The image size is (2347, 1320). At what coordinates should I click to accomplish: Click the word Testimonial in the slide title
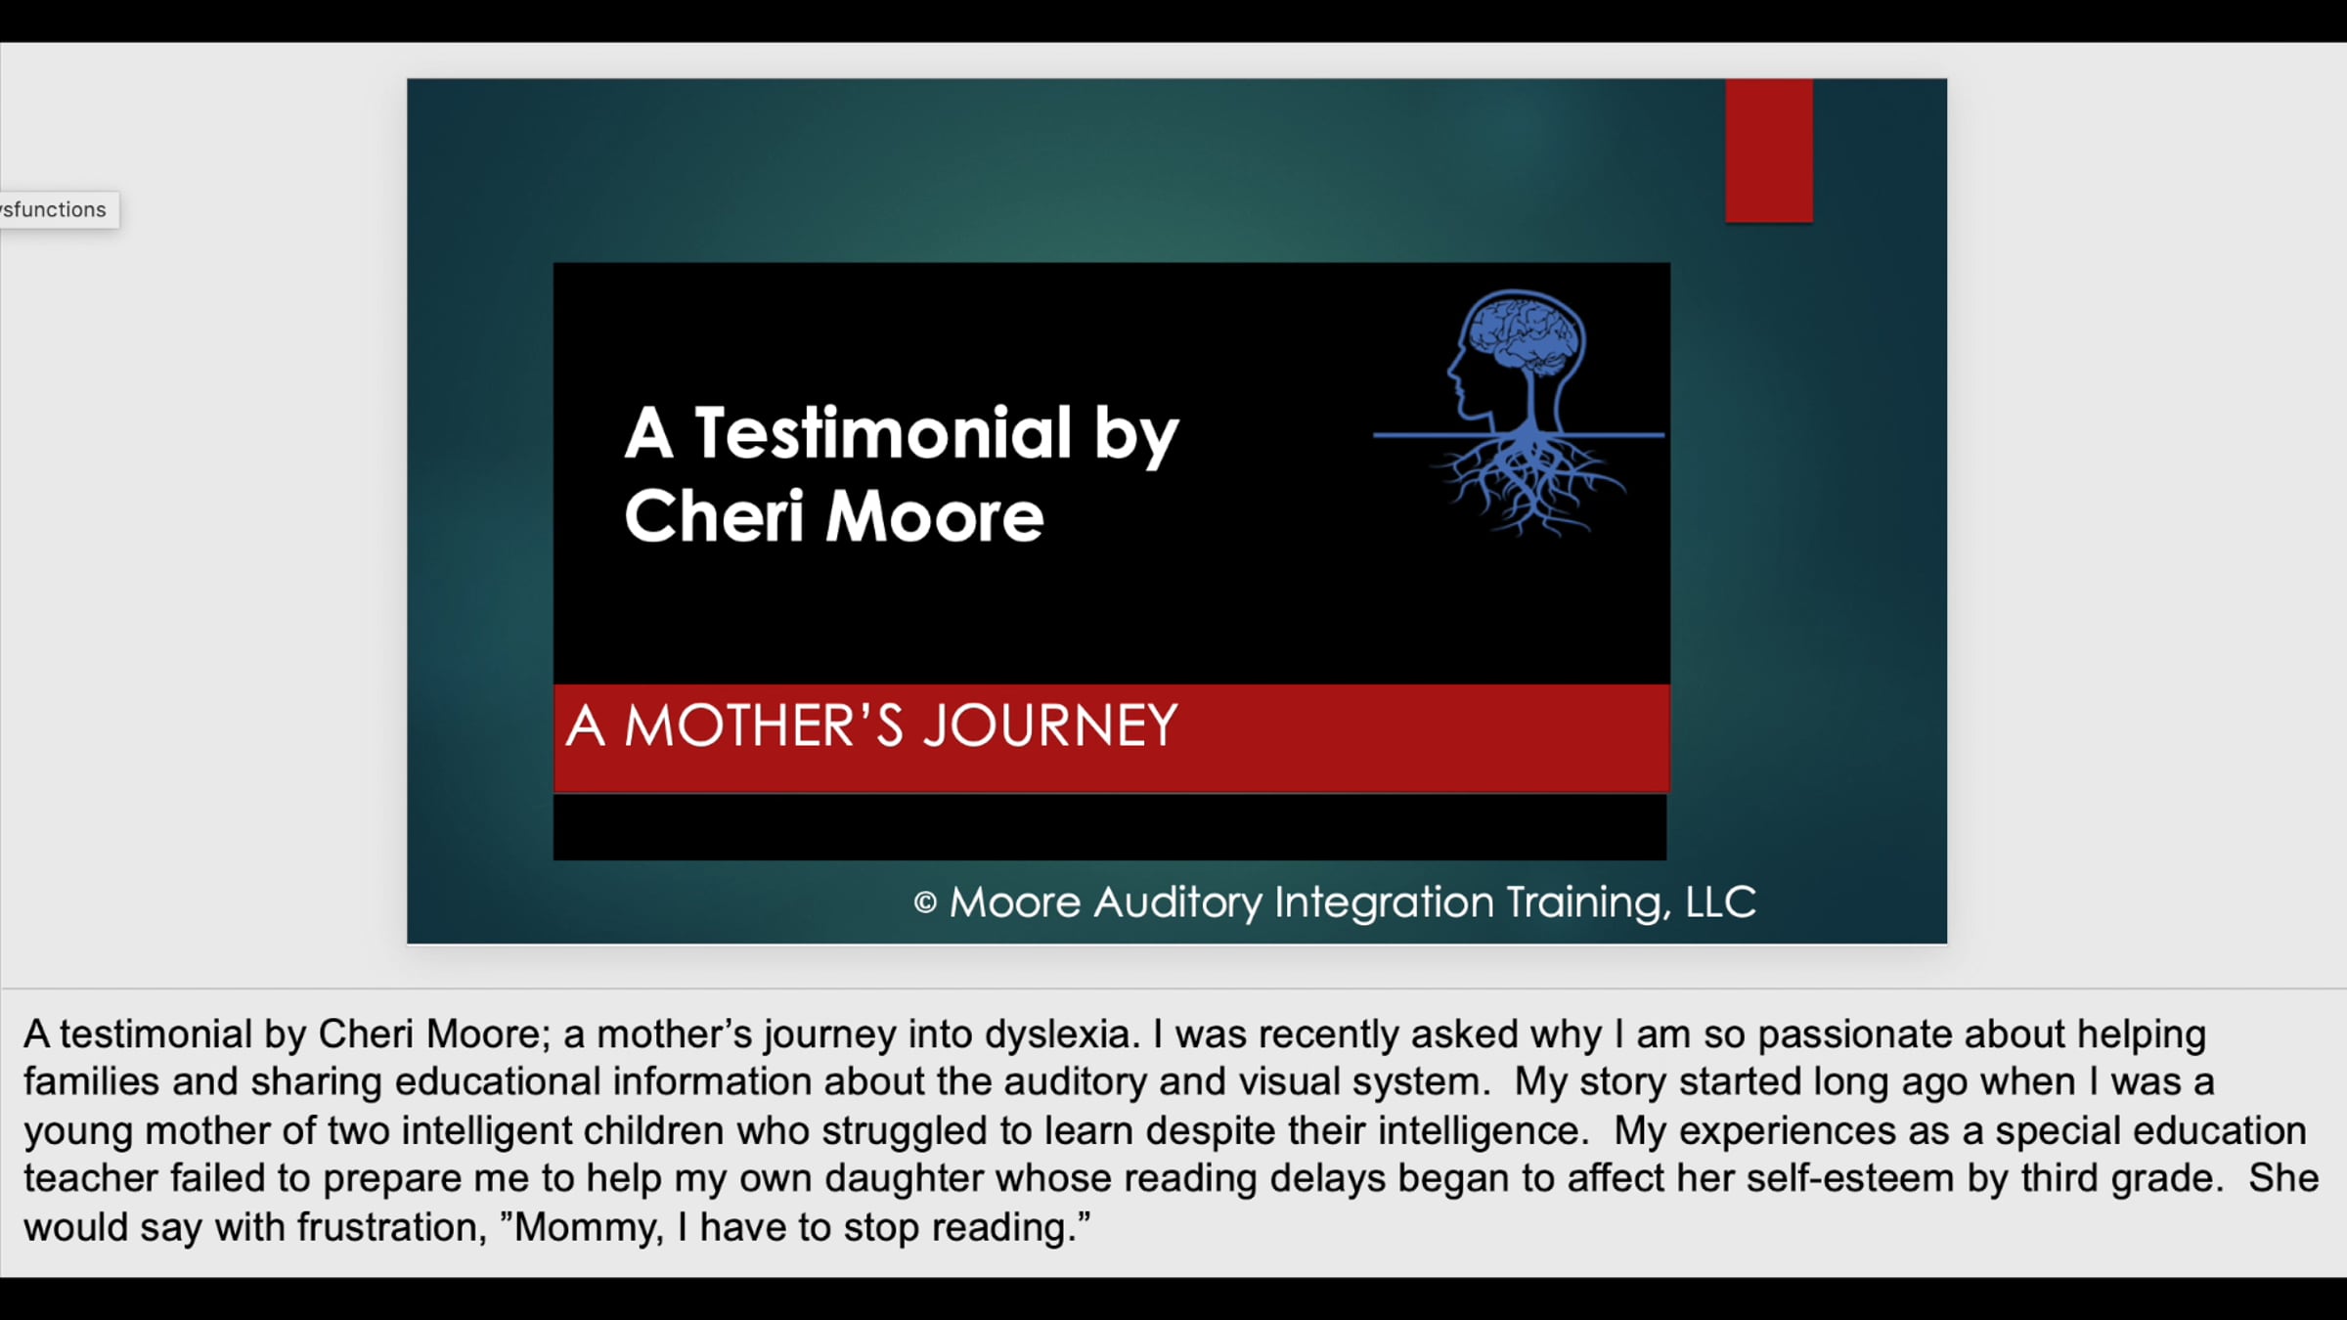(x=883, y=432)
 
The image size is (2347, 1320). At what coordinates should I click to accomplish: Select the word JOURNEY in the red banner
(x=1050, y=726)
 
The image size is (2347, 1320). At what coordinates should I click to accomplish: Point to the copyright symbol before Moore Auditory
(x=925, y=902)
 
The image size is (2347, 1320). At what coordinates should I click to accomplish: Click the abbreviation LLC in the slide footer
(x=1720, y=902)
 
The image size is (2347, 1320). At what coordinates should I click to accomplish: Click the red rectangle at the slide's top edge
(x=1768, y=151)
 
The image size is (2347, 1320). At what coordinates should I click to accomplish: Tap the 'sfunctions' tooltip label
(x=58, y=209)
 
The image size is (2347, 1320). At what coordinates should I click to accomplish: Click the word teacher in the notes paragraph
(x=91, y=1178)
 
